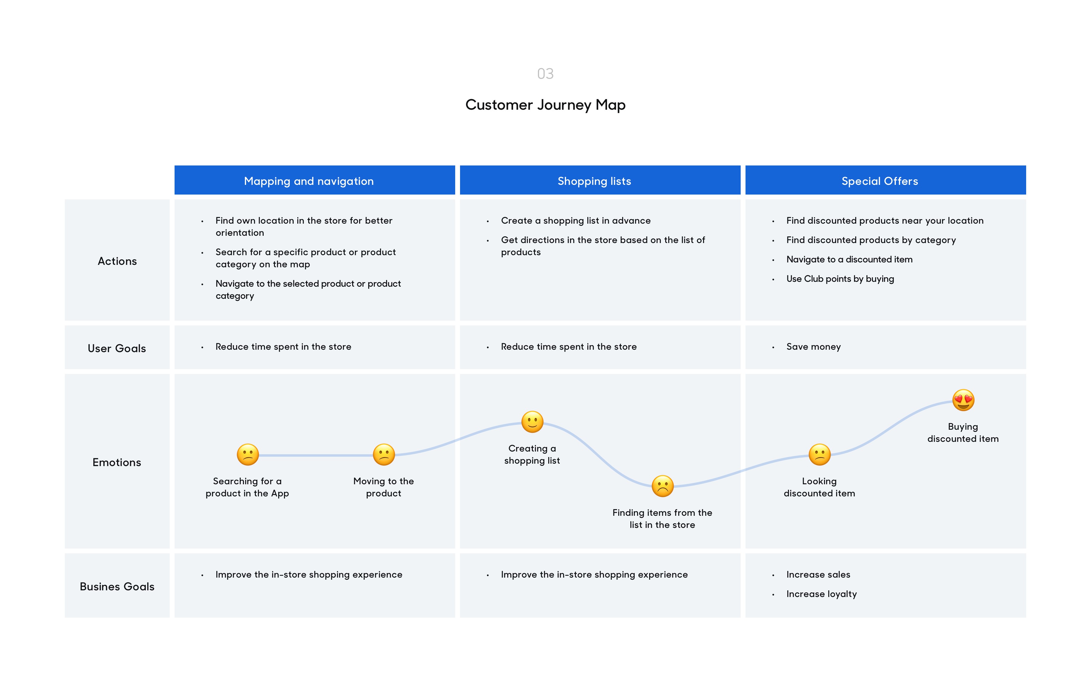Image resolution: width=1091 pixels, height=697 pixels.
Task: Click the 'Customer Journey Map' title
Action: [545, 105]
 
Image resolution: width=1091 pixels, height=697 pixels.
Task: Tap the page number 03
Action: [545, 73]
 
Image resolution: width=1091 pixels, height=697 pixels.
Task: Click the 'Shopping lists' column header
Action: [594, 181]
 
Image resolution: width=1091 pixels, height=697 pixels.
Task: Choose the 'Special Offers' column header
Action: [879, 181]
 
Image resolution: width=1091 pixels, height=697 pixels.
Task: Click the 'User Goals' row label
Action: [117, 348]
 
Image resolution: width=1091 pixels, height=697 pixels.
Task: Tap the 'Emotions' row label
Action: [117, 462]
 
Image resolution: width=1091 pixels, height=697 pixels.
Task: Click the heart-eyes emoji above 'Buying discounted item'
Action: [963, 400]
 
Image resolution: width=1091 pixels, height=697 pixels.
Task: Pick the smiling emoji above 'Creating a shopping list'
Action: [532, 422]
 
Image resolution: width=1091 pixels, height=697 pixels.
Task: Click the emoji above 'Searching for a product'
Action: [248, 455]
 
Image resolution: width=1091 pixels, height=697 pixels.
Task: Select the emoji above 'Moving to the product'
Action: [384, 455]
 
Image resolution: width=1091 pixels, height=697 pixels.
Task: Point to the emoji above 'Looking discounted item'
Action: [819, 455]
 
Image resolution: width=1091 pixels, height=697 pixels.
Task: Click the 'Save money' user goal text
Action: [813, 347]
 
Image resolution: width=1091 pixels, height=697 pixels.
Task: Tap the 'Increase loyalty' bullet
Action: [821, 594]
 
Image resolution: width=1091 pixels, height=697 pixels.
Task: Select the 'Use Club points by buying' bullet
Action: [840, 279]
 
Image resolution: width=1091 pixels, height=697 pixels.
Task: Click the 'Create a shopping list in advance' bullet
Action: [576, 221]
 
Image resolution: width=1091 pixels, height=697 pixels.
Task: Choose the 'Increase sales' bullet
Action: [818, 575]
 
